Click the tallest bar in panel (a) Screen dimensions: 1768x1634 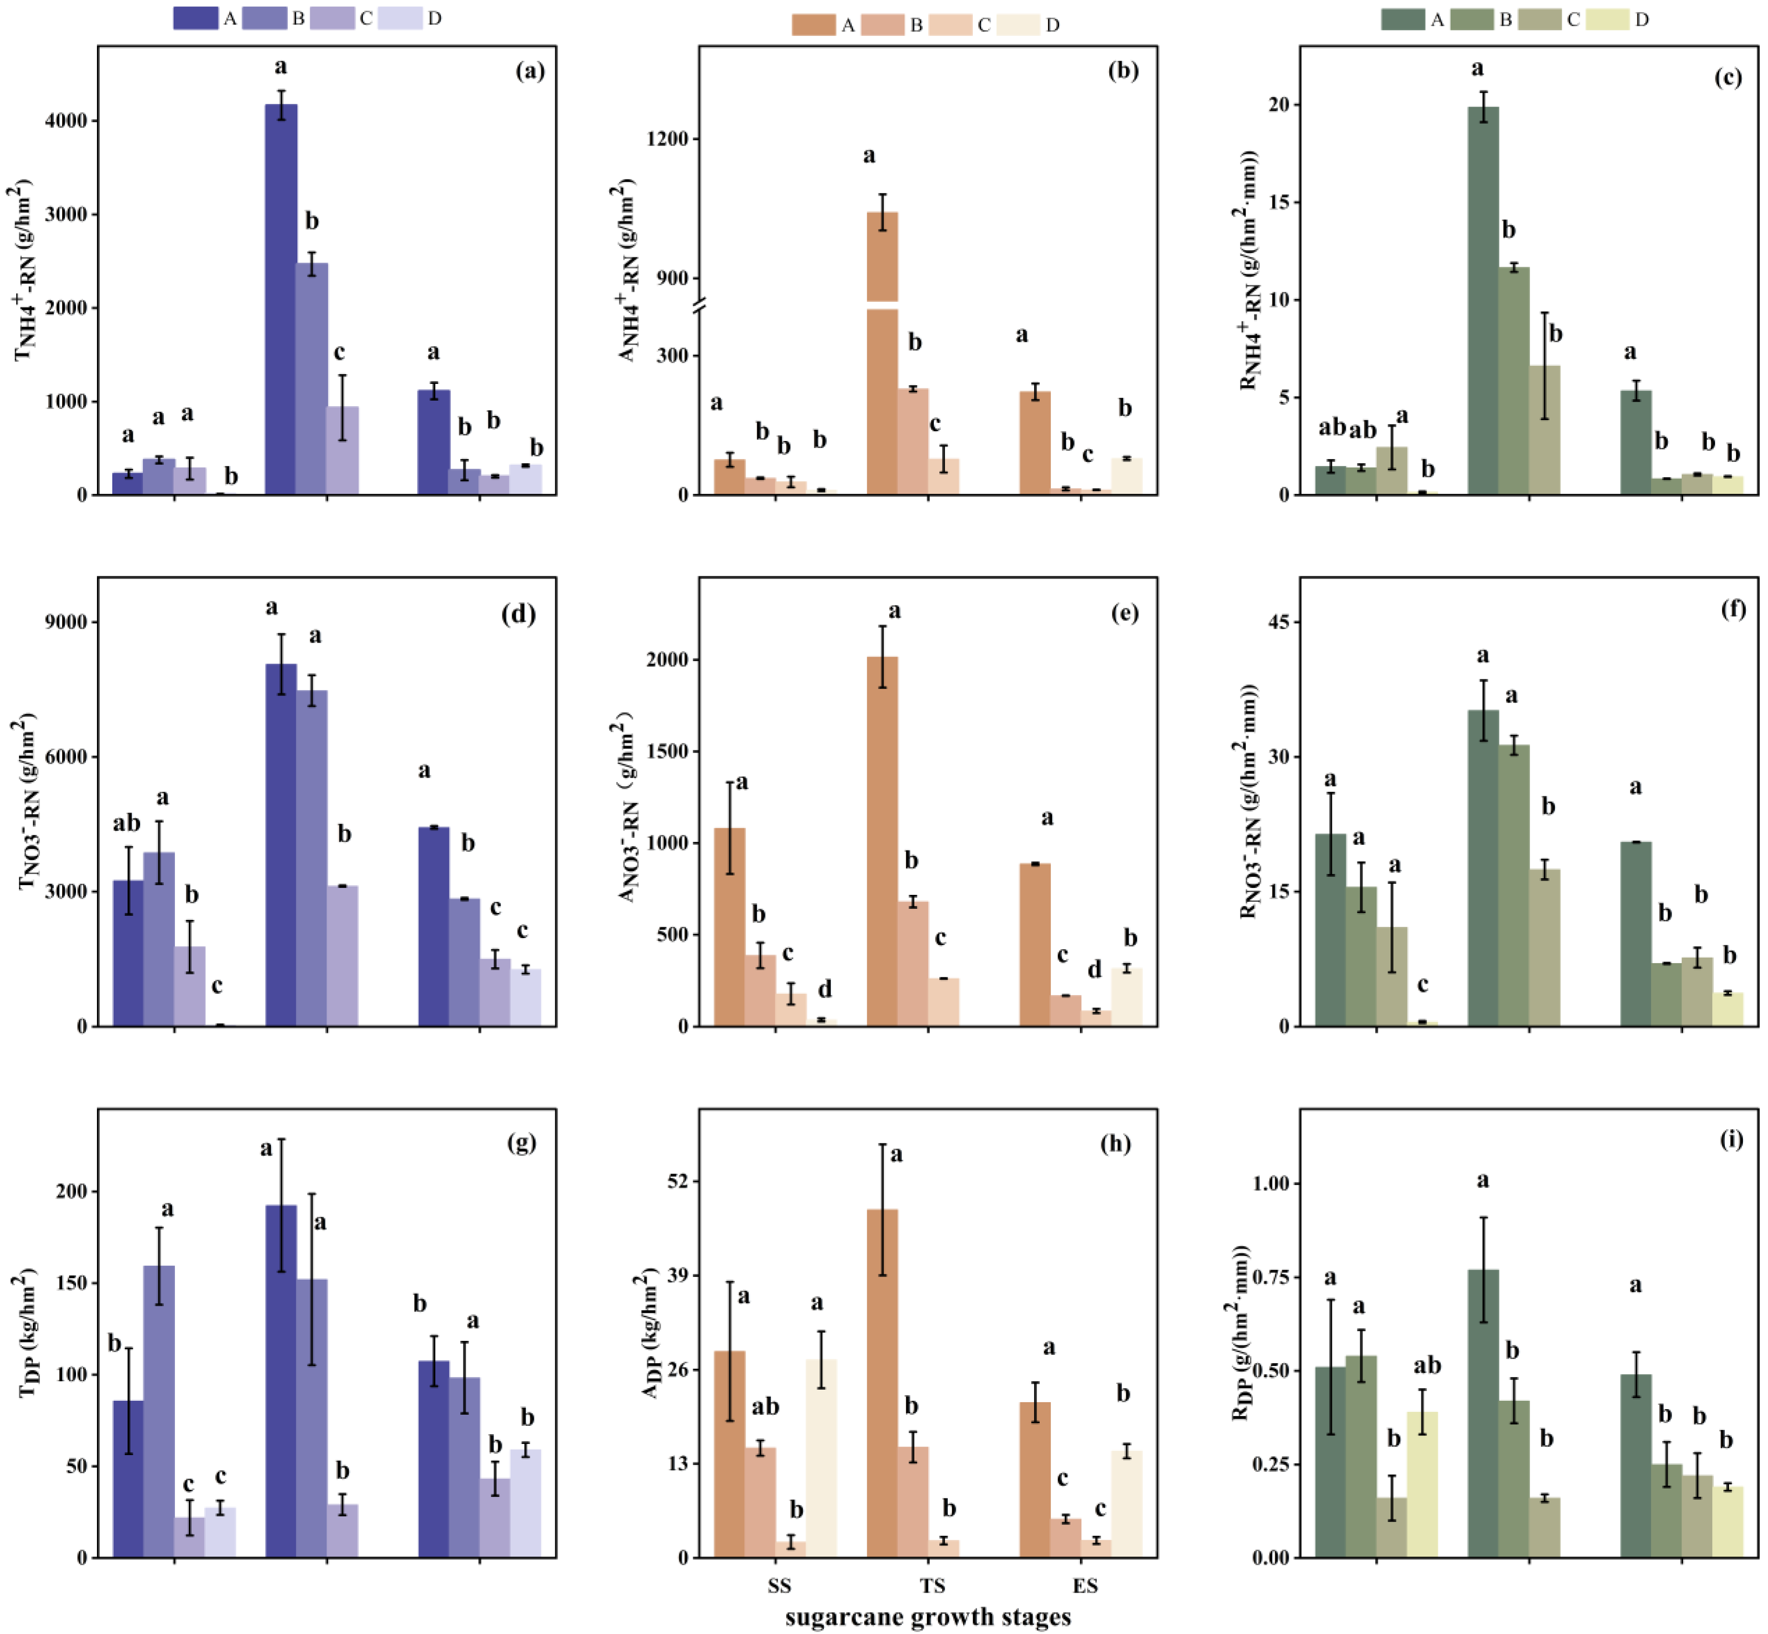tap(281, 299)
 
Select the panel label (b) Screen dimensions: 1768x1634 tap(1123, 71)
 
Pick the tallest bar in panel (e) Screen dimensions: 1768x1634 tap(883, 841)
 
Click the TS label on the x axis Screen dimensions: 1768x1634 tap(932, 1585)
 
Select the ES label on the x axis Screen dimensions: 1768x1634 tap(1085, 1585)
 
